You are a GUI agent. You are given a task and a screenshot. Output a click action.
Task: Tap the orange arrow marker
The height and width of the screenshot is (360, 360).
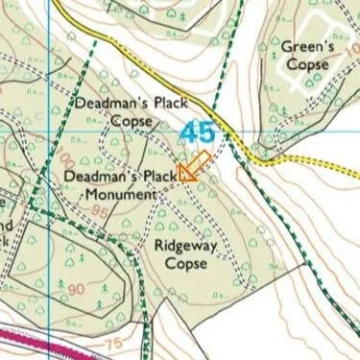pos(193,166)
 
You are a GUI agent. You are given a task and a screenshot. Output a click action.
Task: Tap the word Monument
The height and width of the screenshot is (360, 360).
pos(120,195)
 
